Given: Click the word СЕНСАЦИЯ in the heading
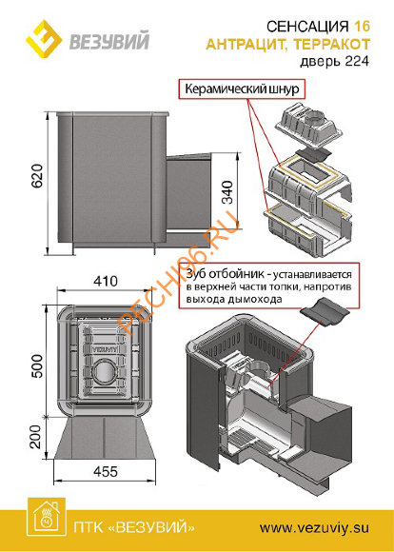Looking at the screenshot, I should point(310,28).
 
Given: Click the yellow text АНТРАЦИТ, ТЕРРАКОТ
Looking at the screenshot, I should point(306,44).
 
